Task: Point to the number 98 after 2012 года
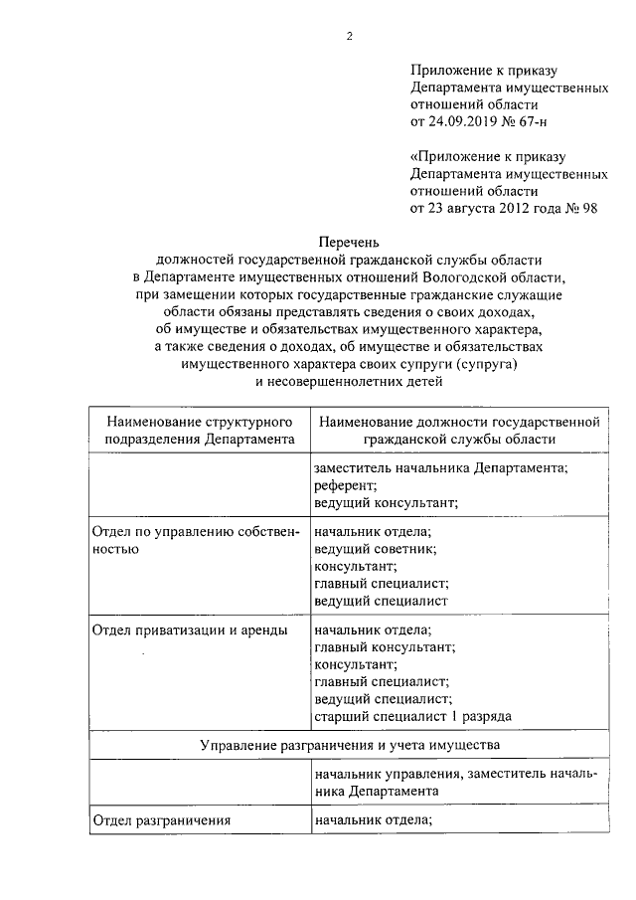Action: [x=589, y=208]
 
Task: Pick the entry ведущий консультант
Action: [x=386, y=502]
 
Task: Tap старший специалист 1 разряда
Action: [x=412, y=717]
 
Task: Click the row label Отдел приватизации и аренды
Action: [x=190, y=630]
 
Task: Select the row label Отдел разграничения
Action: [x=161, y=820]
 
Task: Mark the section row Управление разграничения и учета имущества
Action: [x=349, y=744]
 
